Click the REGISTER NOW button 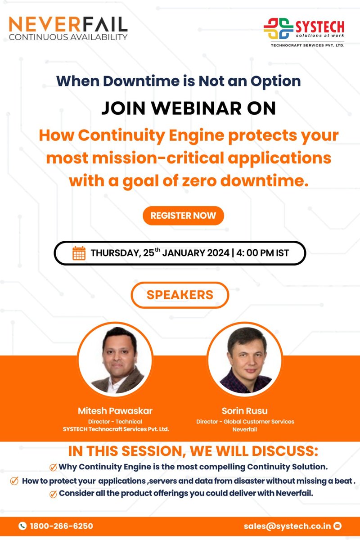pos(183,216)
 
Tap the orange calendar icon pos(79,253)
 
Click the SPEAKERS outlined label pos(180,295)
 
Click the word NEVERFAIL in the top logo pos(67,23)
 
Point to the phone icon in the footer pos(22,526)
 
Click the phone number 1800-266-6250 pos(61,526)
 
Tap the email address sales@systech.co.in pos(288,526)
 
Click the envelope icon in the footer pos(337,526)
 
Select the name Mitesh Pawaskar pos(115,411)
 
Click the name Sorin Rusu pos(245,411)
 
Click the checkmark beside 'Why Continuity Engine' pos(53,466)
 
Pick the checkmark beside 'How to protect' pos(14,481)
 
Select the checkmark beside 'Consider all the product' pos(53,494)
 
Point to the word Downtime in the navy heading pos(135,81)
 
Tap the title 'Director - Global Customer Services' pos(245,422)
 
